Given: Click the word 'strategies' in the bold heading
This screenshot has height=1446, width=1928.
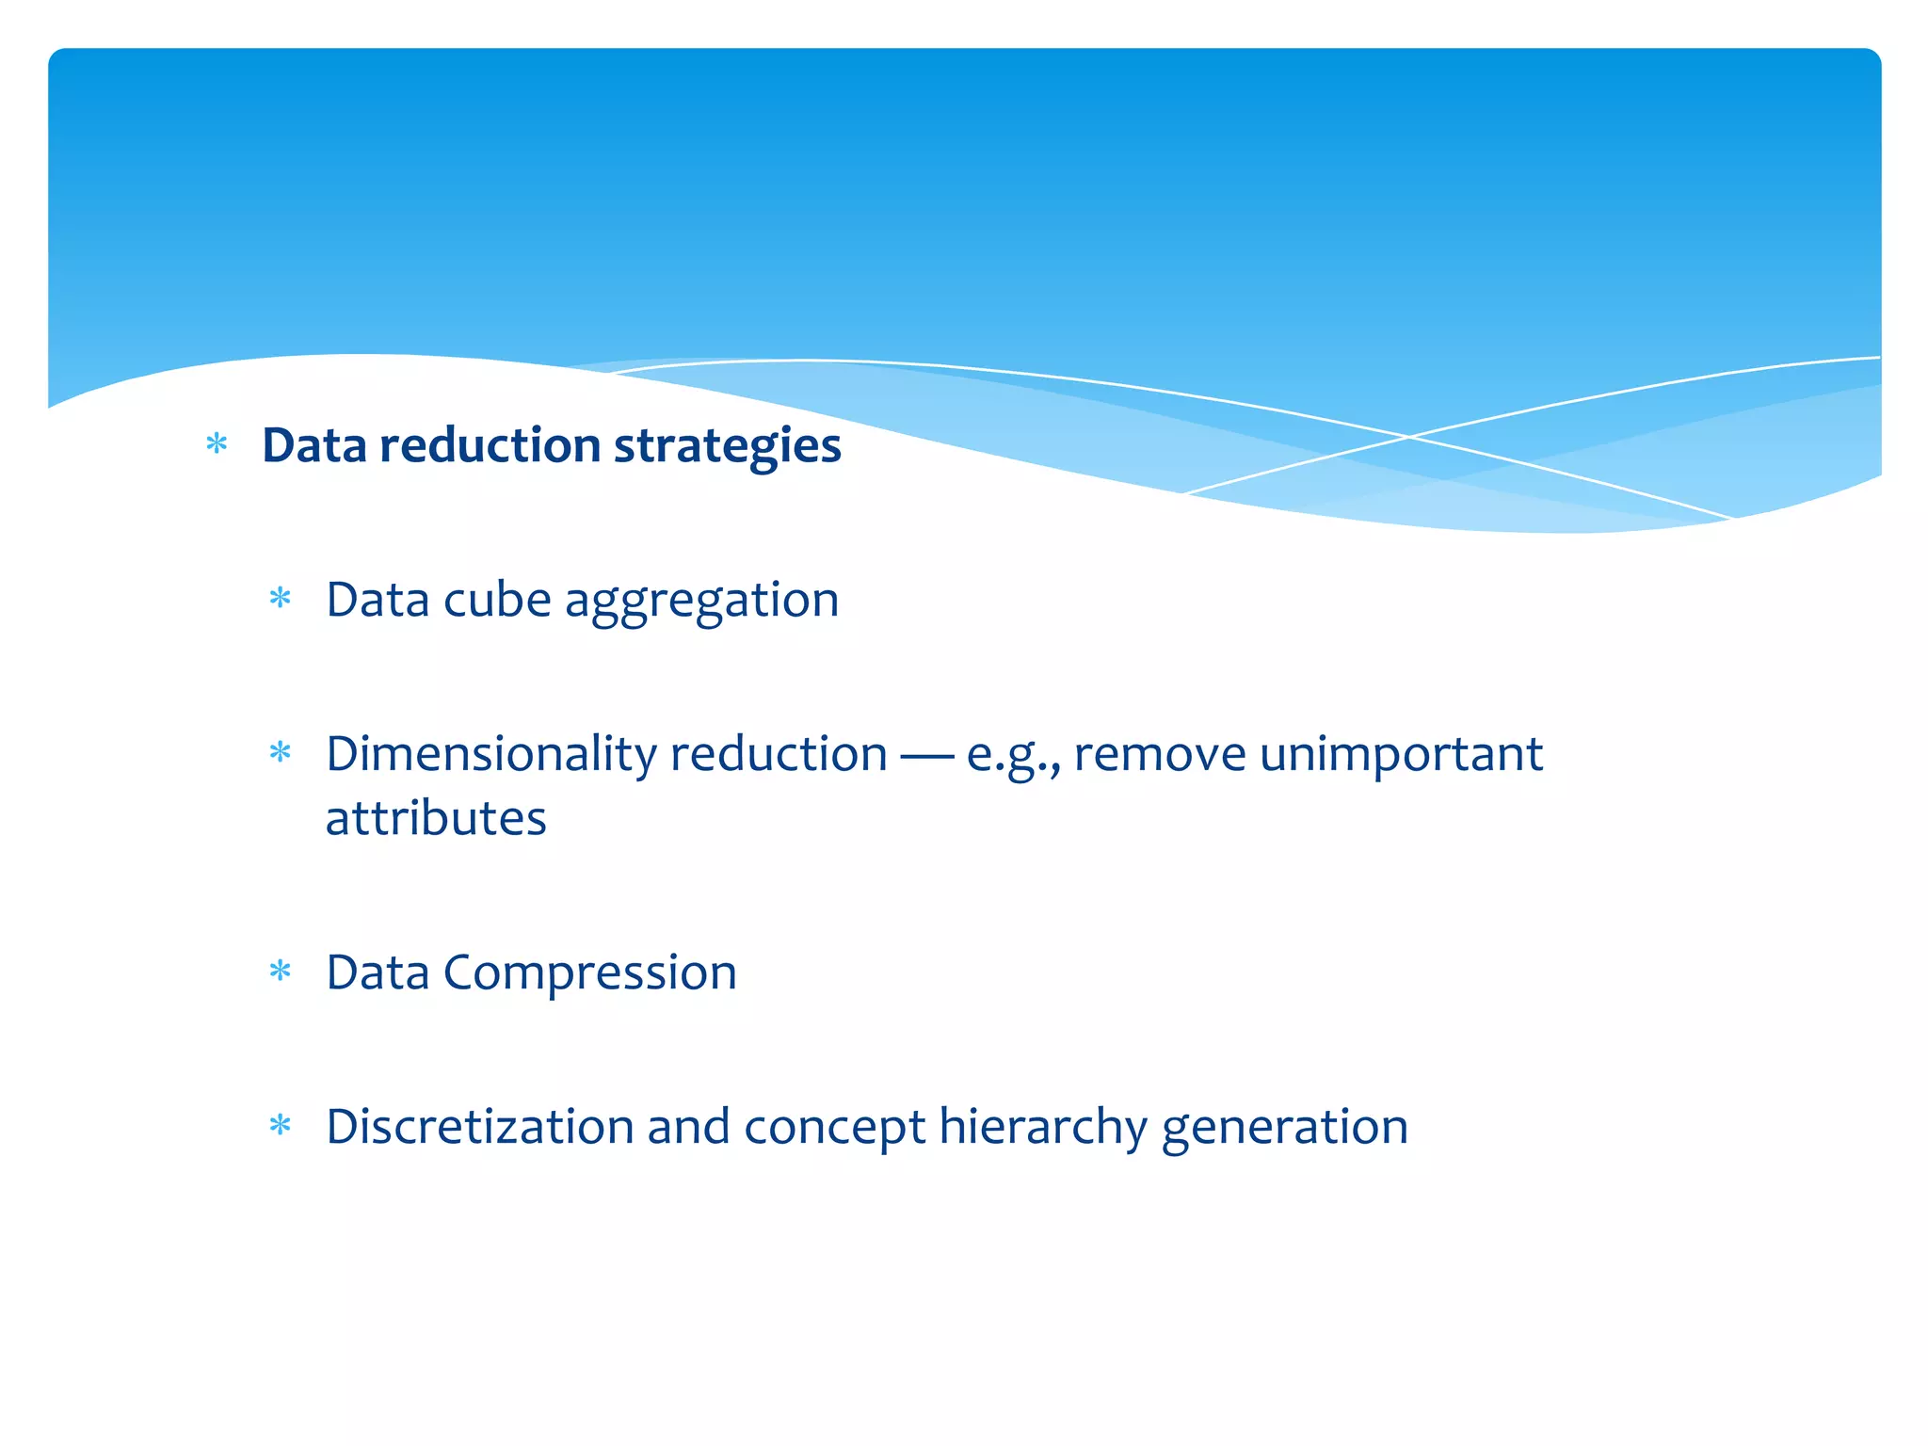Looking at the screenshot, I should [x=727, y=447].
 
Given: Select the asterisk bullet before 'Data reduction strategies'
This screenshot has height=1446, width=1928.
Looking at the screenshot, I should [x=217, y=443].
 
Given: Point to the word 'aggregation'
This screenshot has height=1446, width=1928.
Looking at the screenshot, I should [x=701, y=602].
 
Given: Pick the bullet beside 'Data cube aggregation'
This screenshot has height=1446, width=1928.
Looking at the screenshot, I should [x=281, y=598].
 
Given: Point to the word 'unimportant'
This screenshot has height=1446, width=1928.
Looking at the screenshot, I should [x=1401, y=755].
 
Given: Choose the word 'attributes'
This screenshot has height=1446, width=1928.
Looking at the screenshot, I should [x=436, y=818].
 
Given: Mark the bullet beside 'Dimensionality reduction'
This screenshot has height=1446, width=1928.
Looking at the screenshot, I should [x=281, y=752].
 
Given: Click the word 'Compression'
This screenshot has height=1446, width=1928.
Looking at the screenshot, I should [x=589, y=973].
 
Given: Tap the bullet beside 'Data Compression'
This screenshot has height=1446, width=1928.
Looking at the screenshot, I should [x=281, y=971].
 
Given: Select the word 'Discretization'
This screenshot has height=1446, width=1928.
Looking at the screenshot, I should [x=480, y=1127].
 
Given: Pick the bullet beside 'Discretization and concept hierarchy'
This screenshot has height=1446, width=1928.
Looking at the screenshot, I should [x=281, y=1125].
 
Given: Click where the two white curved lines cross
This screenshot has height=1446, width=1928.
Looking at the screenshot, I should [x=1409, y=437].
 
